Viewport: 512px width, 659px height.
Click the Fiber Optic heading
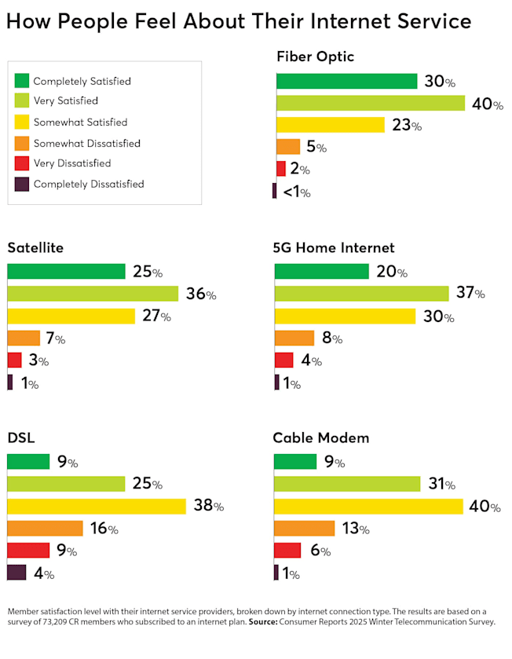[315, 57]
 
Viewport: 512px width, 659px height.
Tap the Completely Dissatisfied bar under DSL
[16, 573]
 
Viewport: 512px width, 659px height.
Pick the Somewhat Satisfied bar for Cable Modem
[368, 507]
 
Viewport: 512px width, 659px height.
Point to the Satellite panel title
[35, 248]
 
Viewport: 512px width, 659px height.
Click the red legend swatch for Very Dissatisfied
[22, 163]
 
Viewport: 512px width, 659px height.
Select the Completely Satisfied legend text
[82, 81]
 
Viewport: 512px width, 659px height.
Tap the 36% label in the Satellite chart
[201, 295]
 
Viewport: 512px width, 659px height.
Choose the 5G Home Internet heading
[334, 248]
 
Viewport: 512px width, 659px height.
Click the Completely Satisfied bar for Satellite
[66, 272]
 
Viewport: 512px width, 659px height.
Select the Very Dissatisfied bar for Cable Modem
[287, 551]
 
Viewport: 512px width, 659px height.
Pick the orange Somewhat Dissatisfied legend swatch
[22, 143]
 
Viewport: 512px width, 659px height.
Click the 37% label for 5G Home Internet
[470, 294]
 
